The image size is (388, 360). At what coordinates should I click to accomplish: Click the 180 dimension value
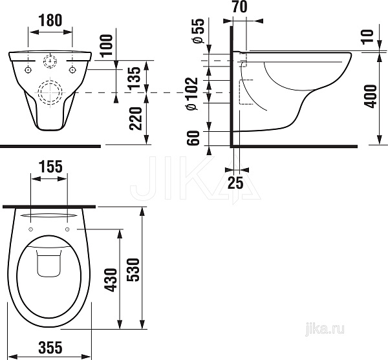50,20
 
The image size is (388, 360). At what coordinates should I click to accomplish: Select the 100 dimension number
107,44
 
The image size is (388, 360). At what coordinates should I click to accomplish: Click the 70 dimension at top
239,8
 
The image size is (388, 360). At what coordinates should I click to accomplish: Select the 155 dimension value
50,166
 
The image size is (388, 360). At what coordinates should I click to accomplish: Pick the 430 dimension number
111,280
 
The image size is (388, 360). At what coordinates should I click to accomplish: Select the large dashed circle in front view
50,92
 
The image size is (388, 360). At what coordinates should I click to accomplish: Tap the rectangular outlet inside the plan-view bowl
47,265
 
